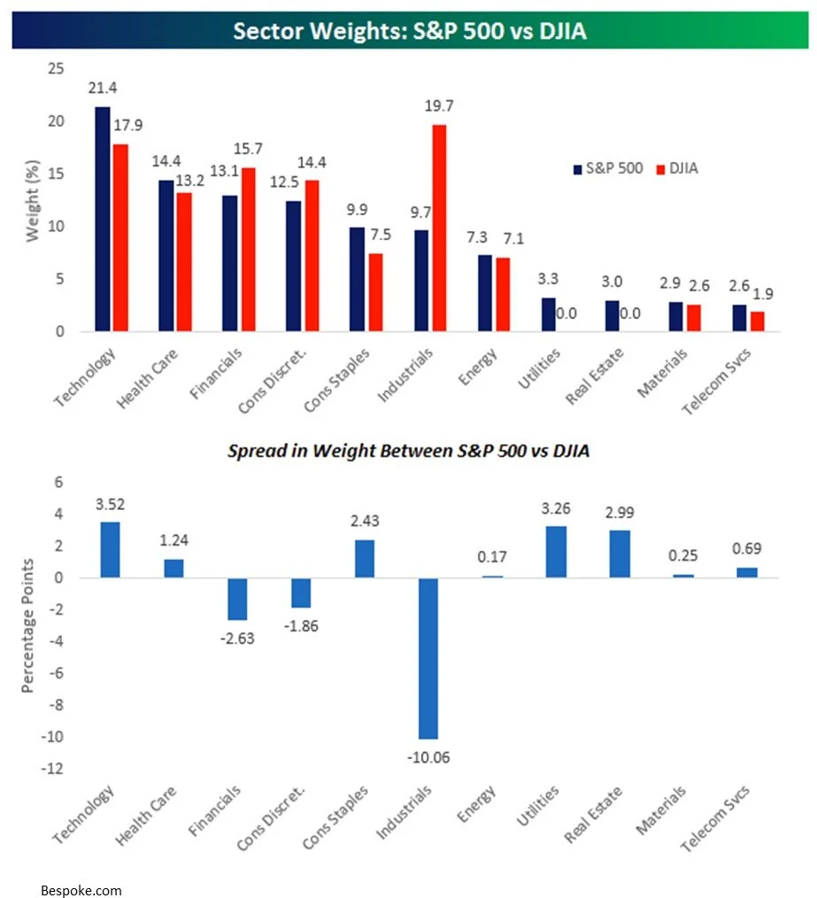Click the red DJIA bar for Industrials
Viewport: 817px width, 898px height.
tap(439, 228)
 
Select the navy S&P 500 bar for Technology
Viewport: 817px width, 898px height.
tap(103, 220)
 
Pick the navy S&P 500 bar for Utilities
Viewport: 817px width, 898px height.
tap(549, 314)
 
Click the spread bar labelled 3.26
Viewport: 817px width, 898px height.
tap(556, 552)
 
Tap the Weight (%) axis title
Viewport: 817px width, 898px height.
tap(32, 200)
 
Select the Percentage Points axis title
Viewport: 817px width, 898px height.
tap(28, 625)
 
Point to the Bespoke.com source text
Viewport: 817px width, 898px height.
tap(81, 889)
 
